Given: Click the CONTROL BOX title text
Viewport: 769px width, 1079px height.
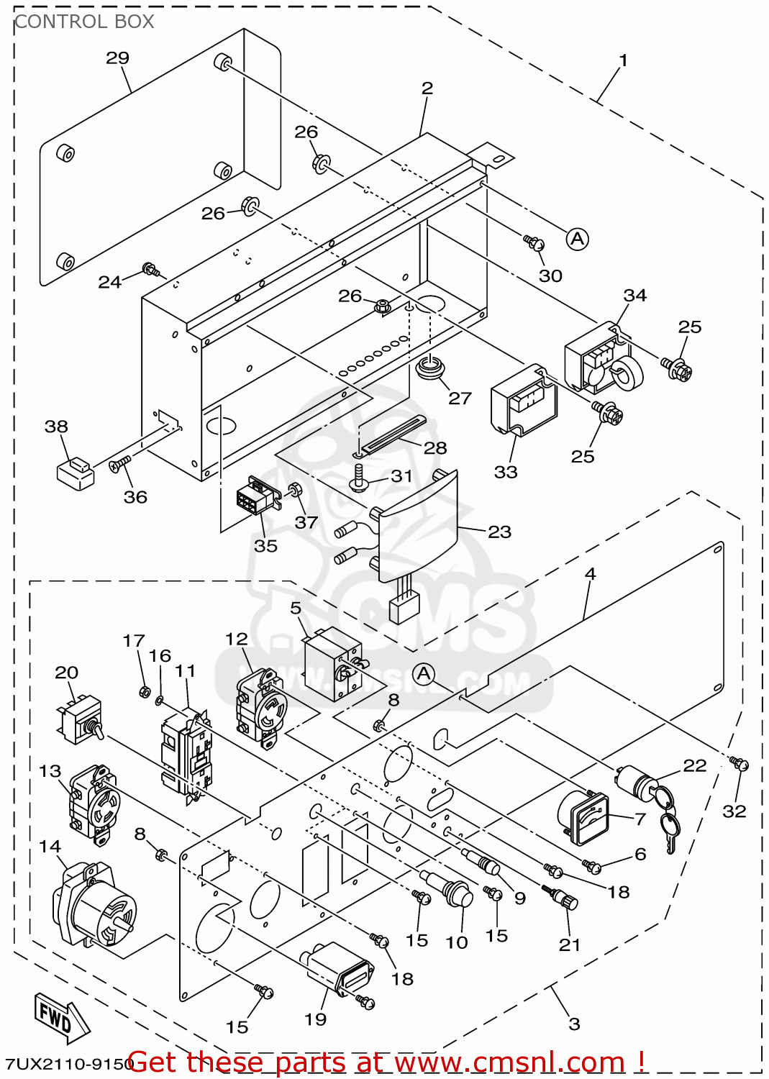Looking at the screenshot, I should pyautogui.click(x=84, y=22).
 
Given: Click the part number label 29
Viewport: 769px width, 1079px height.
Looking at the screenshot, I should pyautogui.click(x=117, y=58).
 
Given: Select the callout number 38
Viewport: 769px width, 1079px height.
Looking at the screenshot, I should pyautogui.click(x=56, y=427).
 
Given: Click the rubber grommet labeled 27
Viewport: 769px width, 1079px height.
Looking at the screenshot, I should pyautogui.click(x=431, y=367).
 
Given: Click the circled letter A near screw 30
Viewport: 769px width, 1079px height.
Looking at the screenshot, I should pyautogui.click(x=577, y=239).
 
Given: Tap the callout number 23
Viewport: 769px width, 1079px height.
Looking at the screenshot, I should pyautogui.click(x=499, y=532).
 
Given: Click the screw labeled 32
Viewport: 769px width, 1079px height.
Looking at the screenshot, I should pyautogui.click(x=739, y=764).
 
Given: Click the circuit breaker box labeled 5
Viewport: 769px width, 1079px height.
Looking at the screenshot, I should pyautogui.click(x=332, y=663).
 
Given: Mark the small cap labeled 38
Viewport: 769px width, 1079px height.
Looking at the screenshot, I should pyautogui.click(x=75, y=473).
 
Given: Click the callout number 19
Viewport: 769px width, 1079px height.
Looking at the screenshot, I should pyautogui.click(x=315, y=1019).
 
